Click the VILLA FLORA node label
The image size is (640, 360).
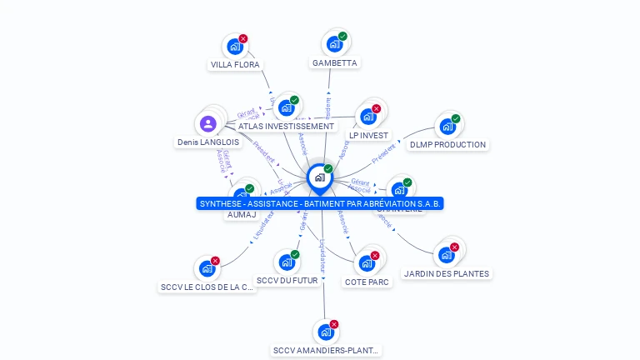[x=235, y=64]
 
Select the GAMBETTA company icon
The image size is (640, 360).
[x=334, y=44]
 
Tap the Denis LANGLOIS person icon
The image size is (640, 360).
[x=208, y=124]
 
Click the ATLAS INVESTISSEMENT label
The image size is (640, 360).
[x=286, y=126]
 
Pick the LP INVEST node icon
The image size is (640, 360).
[x=367, y=116]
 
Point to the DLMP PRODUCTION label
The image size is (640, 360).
[x=447, y=144]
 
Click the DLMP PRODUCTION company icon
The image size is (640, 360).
[x=447, y=127]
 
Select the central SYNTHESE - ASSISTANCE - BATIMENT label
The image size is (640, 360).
[x=320, y=203]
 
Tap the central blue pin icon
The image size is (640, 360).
[x=319, y=177]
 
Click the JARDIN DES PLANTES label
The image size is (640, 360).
[x=447, y=273]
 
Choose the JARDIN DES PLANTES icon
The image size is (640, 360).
[x=447, y=255]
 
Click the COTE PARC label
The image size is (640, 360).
[x=367, y=282]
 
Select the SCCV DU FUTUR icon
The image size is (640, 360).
[x=287, y=262]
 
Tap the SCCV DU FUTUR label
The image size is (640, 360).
[x=287, y=281]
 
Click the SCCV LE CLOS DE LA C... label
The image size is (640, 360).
[x=207, y=287]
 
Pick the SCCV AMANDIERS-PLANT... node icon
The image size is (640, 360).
[x=326, y=332]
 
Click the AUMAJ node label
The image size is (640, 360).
[x=242, y=214]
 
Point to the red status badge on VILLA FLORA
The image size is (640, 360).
[x=243, y=38]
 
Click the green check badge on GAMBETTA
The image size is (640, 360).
[x=342, y=37]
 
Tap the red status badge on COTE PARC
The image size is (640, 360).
[x=375, y=255]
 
